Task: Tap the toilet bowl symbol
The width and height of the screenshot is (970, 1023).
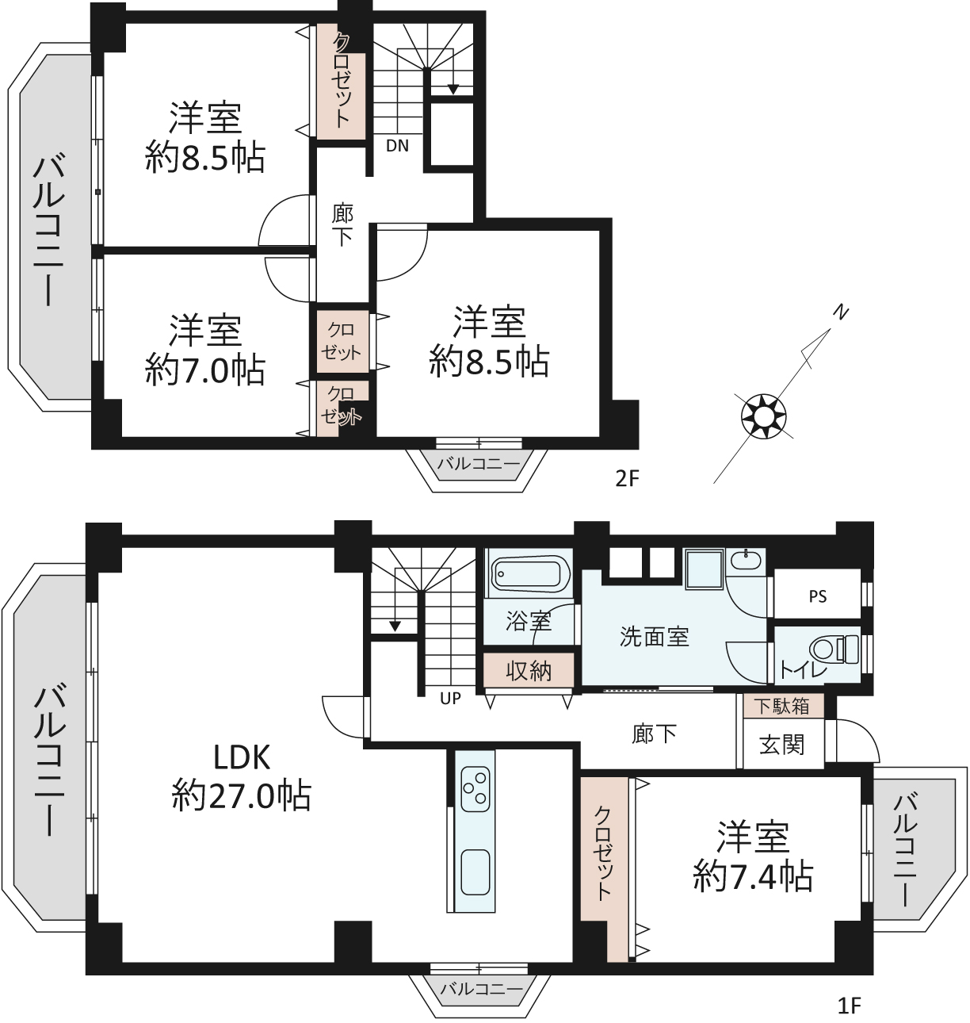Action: click(834, 649)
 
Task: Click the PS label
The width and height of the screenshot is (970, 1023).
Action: click(818, 596)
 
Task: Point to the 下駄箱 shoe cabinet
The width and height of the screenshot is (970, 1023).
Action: click(783, 706)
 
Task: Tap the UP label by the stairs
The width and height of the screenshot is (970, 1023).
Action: click(450, 699)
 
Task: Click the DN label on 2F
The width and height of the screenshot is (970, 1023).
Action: click(397, 146)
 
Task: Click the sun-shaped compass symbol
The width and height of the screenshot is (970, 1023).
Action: click(763, 416)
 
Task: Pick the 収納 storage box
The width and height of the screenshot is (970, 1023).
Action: click(529, 671)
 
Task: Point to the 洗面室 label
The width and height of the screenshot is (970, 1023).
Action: click(655, 637)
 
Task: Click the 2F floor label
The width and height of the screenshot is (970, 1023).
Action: click(627, 478)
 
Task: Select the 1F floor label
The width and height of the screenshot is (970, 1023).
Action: click(850, 1006)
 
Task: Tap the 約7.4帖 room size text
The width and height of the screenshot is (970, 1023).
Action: click(753, 877)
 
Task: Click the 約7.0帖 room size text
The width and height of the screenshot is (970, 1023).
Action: click(205, 370)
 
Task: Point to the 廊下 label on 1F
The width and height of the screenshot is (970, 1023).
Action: click(655, 734)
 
